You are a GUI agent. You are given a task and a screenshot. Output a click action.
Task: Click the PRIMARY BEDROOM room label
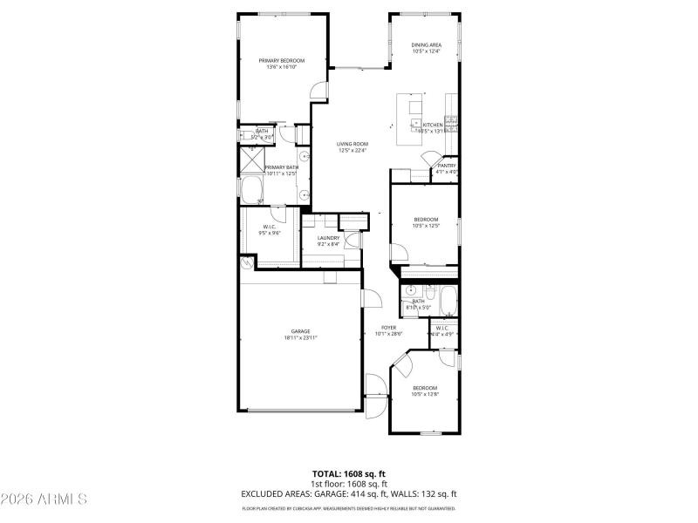pos(281,60)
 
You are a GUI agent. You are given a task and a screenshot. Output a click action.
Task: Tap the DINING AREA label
pos(427,44)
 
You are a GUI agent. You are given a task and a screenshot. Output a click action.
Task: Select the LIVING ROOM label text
pos(352,144)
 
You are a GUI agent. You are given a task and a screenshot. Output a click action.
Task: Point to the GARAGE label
pos(300,331)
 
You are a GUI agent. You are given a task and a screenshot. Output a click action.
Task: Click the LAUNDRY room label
pos(328,238)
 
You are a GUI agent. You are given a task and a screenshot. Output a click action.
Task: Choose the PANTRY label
pos(447,166)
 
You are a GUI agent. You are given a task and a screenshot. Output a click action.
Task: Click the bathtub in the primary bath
pos(256,191)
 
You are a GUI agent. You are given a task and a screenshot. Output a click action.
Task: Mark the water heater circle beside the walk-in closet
pos(249,261)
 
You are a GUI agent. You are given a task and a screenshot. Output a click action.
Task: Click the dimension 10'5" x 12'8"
pos(424,394)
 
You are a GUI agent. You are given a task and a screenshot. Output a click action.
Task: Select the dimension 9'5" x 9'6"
pos(269,233)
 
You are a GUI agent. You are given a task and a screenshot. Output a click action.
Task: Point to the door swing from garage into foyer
pos(371,298)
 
